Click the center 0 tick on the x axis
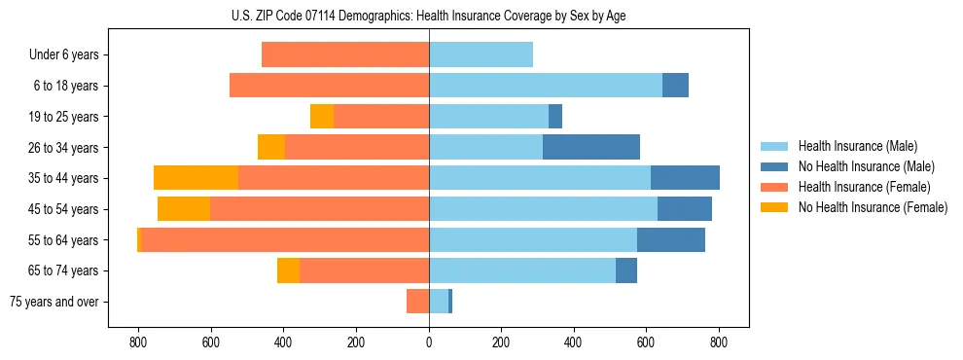pos(429,342)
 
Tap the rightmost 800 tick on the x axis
pos(719,342)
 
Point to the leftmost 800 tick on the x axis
pos(138,342)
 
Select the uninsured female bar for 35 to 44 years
pos(196,178)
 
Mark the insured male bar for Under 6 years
pos(481,54)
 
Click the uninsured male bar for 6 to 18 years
pos(675,86)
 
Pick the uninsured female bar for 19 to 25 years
pos(322,117)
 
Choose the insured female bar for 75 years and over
pos(417,302)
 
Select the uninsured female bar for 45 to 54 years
pos(184,209)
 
